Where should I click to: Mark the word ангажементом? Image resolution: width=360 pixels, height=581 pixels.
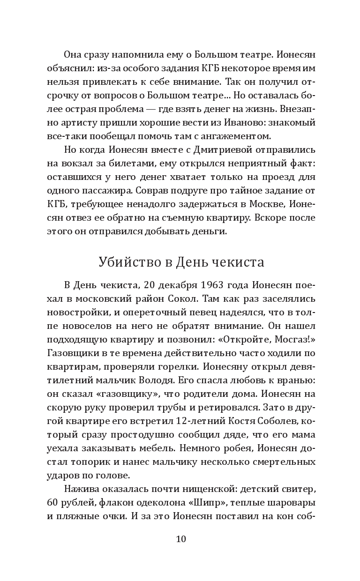236,136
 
